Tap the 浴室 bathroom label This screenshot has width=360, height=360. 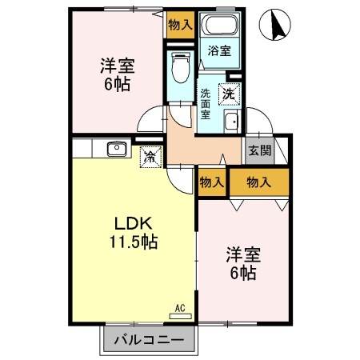[219, 50]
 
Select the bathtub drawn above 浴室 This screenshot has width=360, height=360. [219, 25]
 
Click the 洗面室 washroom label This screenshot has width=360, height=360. [206, 103]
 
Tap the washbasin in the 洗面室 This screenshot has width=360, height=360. [231, 122]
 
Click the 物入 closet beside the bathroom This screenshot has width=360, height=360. [180, 25]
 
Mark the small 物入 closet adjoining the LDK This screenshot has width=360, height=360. [212, 183]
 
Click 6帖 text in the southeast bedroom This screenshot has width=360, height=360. [242, 274]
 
